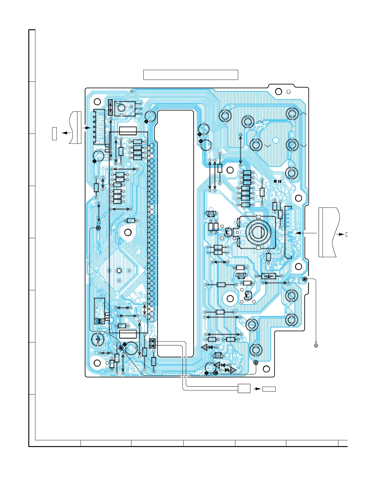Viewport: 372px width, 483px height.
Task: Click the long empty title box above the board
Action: coord(191,75)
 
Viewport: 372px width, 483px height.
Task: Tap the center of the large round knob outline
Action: coord(258,233)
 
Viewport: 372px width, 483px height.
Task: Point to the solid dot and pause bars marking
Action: coord(277,181)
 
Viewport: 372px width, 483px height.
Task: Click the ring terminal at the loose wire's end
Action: coord(316,345)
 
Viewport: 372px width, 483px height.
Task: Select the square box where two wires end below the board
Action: coord(244,388)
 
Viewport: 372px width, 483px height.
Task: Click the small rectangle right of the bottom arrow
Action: coord(269,389)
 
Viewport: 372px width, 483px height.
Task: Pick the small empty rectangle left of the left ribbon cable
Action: coord(55,134)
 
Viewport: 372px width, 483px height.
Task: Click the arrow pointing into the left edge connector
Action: coord(86,128)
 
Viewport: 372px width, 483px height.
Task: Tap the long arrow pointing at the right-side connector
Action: coord(306,233)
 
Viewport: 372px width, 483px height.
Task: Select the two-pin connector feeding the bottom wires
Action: coord(152,344)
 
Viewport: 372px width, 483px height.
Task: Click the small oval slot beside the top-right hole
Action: coord(289,91)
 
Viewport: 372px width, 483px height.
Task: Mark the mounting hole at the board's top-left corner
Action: coord(97,102)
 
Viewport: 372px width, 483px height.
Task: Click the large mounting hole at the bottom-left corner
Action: coord(97,363)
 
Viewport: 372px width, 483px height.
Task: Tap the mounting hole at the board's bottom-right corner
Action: coord(266,368)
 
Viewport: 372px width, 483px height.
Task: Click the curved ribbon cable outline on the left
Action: coord(75,128)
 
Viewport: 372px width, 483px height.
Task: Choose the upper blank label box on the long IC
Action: coord(128,131)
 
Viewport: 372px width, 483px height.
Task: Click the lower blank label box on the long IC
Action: coord(128,334)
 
